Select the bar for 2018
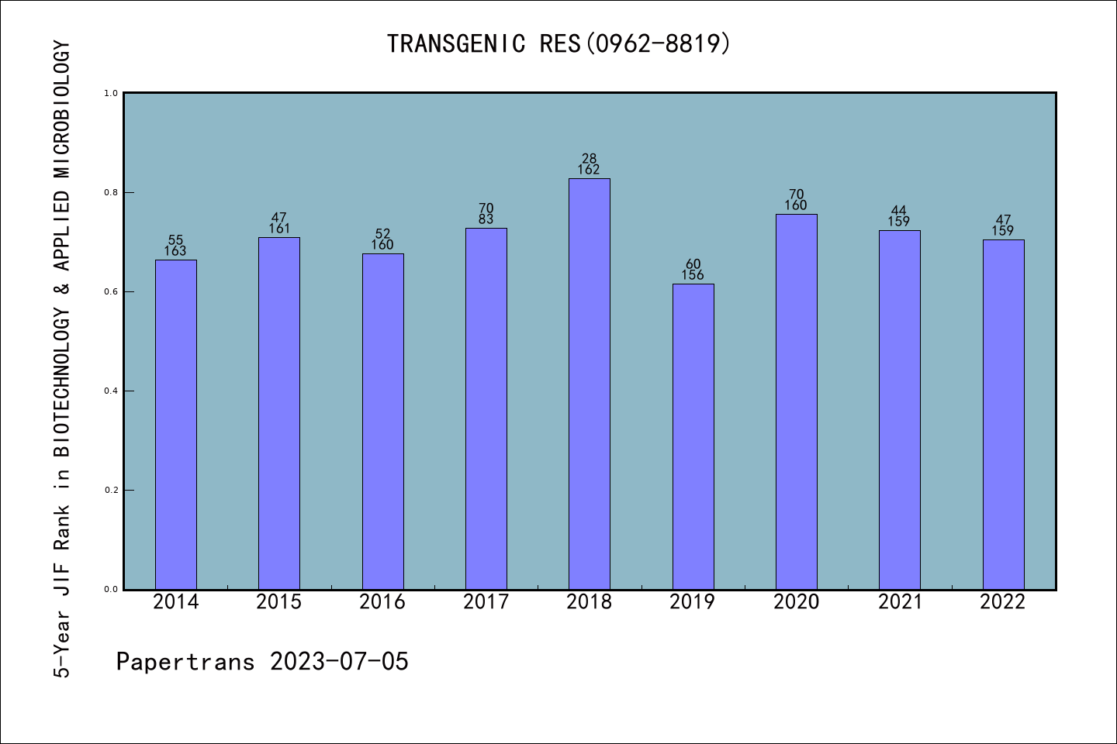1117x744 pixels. (x=589, y=384)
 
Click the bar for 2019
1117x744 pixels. (x=693, y=436)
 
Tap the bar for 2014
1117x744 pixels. (x=175, y=424)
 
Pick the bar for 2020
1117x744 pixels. (x=796, y=401)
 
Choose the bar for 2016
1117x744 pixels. (x=382, y=421)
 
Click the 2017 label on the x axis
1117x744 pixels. (x=486, y=601)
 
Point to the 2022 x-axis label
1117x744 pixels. (x=1002, y=601)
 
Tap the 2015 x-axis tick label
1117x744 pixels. (x=278, y=601)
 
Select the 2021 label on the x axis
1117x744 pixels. (x=899, y=601)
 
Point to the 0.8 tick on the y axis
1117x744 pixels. (x=111, y=192)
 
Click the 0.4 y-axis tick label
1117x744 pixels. (x=111, y=391)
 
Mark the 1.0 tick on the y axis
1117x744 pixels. (x=111, y=93)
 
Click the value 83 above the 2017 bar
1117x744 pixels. (x=486, y=219)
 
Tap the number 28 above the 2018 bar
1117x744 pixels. (x=589, y=159)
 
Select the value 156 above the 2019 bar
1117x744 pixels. (x=693, y=275)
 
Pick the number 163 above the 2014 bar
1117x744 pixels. (x=175, y=251)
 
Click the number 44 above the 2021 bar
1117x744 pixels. (x=899, y=211)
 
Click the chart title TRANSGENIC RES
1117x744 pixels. (x=483, y=43)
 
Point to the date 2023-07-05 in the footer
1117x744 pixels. (x=339, y=661)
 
